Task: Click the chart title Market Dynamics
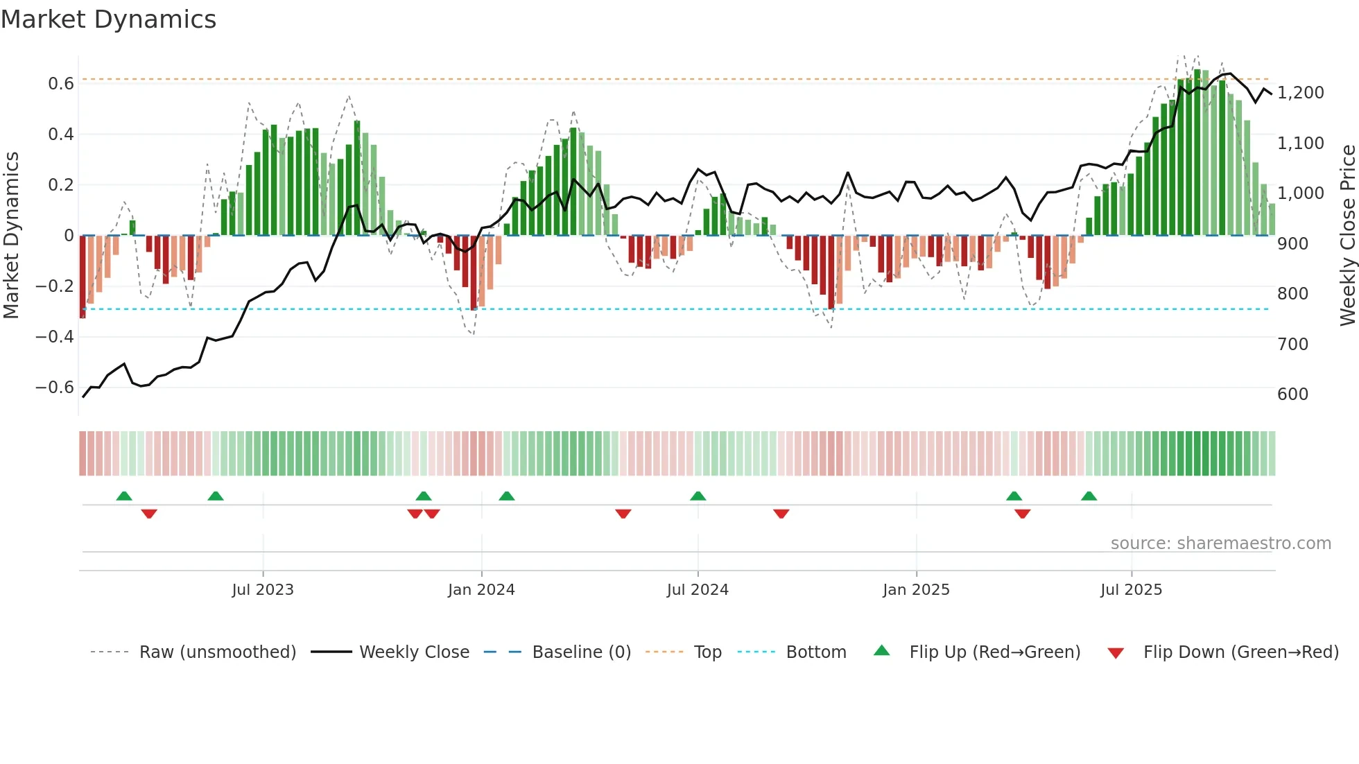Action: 108,19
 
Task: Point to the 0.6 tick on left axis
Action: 61,84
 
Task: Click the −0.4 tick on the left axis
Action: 55,337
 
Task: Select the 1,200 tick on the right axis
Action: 1301,93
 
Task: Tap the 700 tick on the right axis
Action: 1292,344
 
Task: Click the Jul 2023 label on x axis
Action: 263,590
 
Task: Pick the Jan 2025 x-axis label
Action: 916,590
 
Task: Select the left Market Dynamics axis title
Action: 11,236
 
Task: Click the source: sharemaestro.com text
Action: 1220,544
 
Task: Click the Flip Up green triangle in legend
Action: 881,650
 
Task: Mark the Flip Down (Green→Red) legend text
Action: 1240,652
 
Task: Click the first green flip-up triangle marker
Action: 124,496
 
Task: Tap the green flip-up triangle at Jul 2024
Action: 698,496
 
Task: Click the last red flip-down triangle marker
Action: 1022,514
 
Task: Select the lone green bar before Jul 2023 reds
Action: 132,227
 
